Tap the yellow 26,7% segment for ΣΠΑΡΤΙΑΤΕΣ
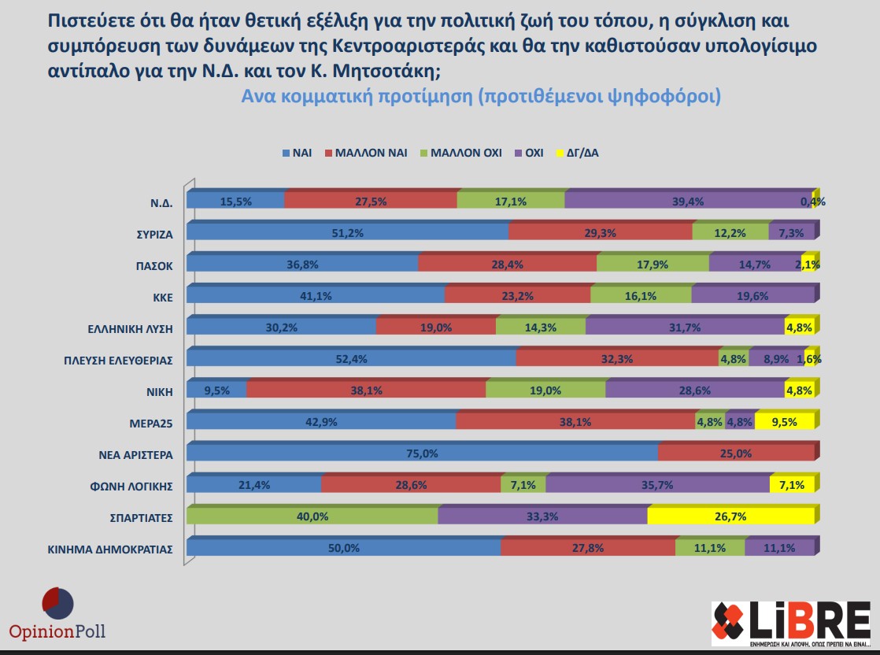tap(730, 517)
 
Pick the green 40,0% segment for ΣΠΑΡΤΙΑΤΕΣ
tap(312, 517)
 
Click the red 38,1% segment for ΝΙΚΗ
tap(367, 390)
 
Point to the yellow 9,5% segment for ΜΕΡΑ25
tap(785, 422)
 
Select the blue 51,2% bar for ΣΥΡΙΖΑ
tap(347, 233)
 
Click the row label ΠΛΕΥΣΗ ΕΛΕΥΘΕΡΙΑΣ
tap(118, 360)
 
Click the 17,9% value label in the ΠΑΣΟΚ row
tap(653, 265)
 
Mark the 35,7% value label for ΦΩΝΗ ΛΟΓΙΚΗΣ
tap(657, 485)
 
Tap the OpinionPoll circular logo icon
tap(57, 602)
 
